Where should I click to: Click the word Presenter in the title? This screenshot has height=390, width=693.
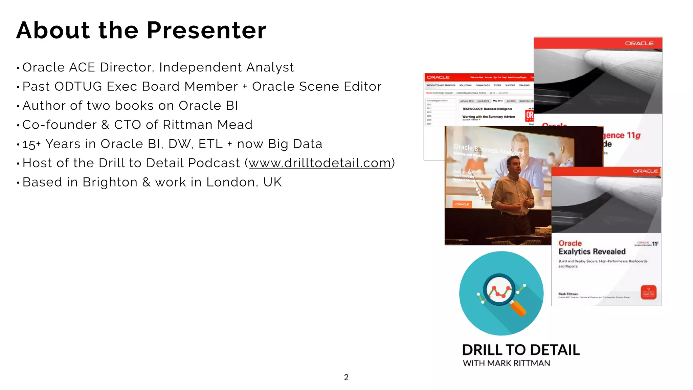point(206,30)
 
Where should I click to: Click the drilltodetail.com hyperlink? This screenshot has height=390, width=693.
point(320,163)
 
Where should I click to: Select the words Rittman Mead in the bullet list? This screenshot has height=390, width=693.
point(207,125)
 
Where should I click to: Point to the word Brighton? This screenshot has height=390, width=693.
point(110,182)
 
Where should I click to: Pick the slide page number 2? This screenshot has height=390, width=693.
point(346,377)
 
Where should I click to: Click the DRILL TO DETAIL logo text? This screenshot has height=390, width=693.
point(521,350)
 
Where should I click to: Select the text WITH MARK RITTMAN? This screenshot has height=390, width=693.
point(506,364)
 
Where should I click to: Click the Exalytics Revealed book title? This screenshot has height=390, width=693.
point(592,252)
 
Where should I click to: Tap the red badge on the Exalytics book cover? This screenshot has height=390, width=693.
point(648,292)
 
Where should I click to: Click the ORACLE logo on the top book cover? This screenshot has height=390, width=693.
point(639,43)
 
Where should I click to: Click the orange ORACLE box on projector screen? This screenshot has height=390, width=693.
point(462,204)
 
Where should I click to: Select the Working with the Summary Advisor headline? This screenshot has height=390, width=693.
point(489,117)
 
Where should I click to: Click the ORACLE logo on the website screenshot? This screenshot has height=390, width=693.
point(438,78)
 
